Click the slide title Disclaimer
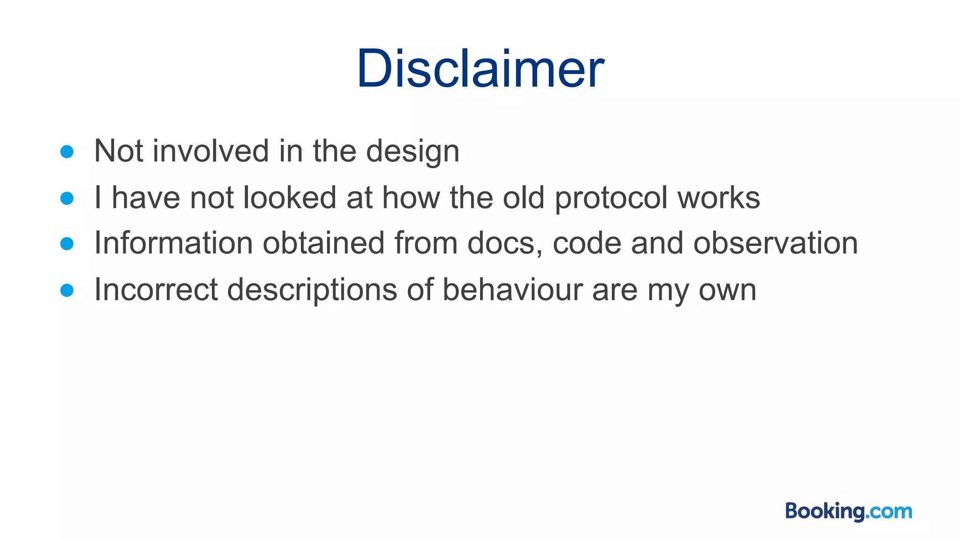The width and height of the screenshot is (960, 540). [480, 69]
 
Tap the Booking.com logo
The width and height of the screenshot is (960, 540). [848, 511]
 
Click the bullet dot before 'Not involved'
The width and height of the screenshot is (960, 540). [67, 152]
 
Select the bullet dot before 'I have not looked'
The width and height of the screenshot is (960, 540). [67, 198]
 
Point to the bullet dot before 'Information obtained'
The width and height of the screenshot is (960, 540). [67, 244]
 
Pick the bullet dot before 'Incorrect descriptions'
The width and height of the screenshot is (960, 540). [67, 290]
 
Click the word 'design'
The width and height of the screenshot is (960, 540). [412, 152]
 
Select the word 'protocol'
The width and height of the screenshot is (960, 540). [611, 198]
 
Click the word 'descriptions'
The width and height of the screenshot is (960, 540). [312, 290]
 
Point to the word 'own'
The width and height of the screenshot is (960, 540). [727, 290]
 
